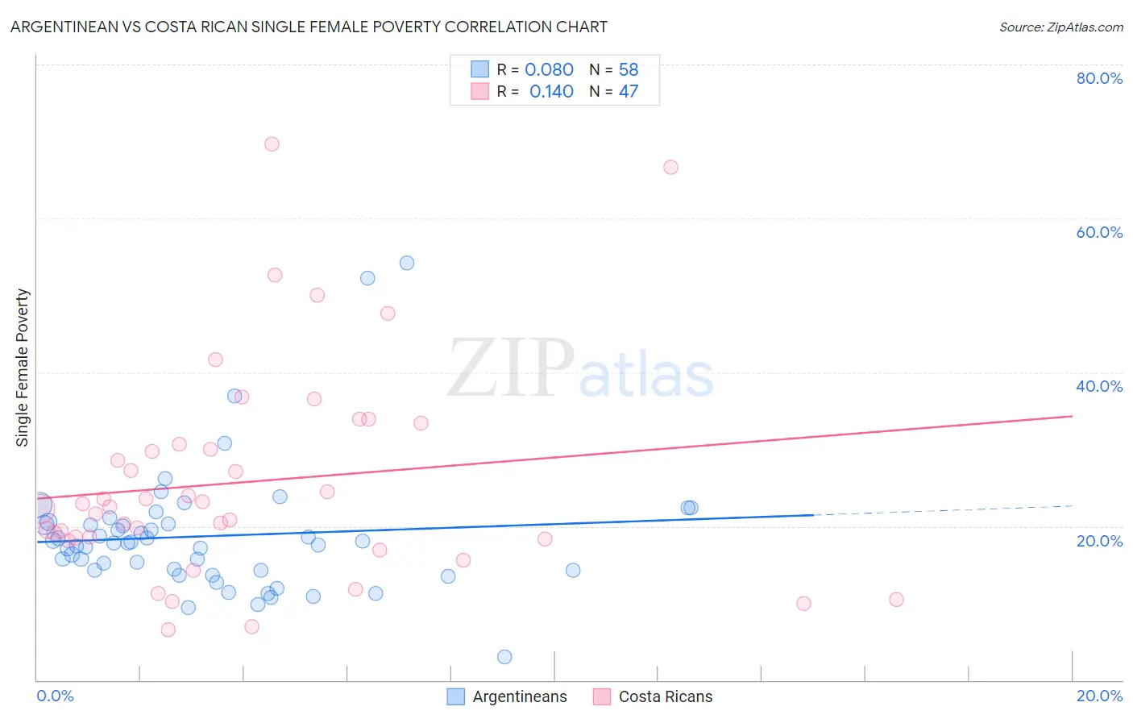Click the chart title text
coord(309,27)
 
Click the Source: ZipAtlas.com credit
coord(1060,27)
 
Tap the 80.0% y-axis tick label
coord(1099,78)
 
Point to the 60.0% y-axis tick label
coord(1099,232)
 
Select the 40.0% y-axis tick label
coord(1099,386)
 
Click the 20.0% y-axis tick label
coord(1099,541)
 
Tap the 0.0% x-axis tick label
coord(55,696)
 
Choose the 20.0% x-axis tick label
coord(1099,696)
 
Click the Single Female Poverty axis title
coord(23,368)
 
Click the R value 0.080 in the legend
coord(549,70)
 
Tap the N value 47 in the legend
coord(628,92)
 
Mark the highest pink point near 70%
coord(272,144)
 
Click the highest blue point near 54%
coord(407,263)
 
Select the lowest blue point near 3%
coord(504,657)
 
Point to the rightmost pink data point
coord(896,600)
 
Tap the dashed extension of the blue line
coord(943,510)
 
